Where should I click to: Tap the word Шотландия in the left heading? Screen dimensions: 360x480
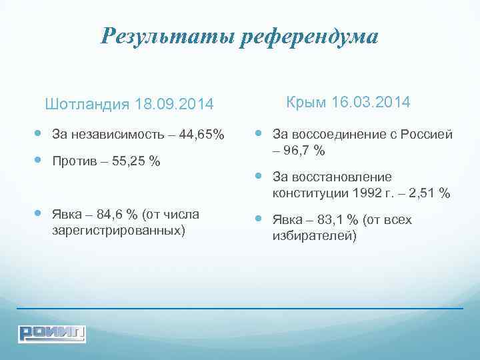tap(87, 105)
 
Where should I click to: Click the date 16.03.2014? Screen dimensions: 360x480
tap(371, 103)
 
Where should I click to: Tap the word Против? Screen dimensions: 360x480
tap(74, 161)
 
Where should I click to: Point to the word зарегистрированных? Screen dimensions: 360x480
tap(117, 231)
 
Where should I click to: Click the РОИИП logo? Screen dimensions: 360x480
tap(52, 332)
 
